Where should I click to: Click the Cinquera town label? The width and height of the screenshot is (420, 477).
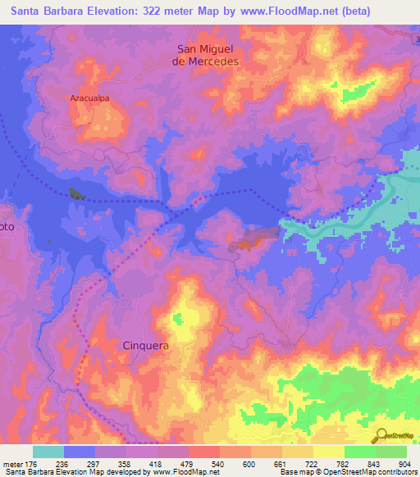[146, 346]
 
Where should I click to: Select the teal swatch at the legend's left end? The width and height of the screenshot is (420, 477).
[48, 452]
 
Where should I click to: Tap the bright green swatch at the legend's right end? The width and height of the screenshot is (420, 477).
[391, 452]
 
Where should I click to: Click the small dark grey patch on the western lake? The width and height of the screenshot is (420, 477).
[76, 193]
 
